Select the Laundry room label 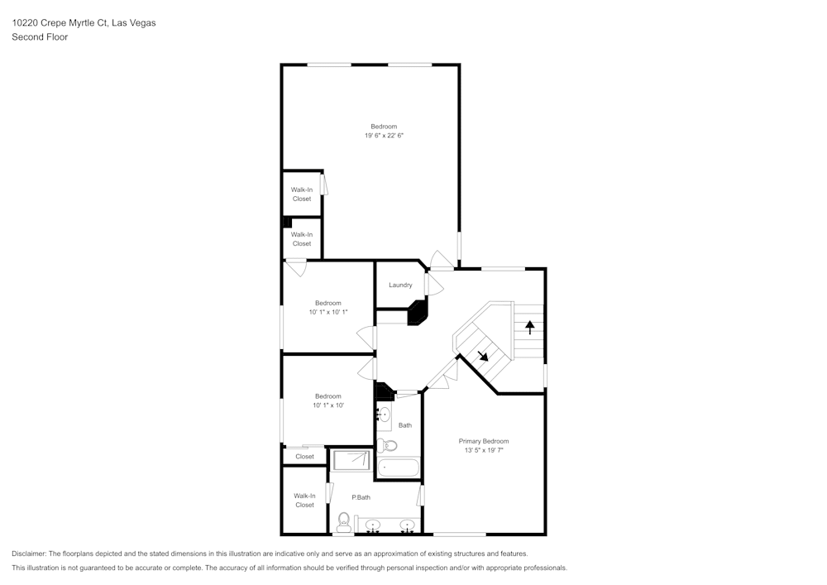tap(400, 285)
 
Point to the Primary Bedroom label tap(484, 441)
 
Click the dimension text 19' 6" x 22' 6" tap(384, 136)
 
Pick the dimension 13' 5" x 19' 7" tap(484, 451)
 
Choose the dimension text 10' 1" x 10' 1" tap(327, 312)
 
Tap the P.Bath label tap(361, 497)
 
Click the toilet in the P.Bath tap(343, 520)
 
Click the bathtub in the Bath tap(399, 468)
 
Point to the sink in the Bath tap(385, 415)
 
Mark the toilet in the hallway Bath tap(389, 445)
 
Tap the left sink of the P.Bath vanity tap(373, 525)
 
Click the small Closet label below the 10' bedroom tap(304, 457)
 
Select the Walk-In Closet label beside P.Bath tap(304, 500)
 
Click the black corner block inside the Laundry tap(418, 313)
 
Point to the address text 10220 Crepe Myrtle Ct tap(84, 23)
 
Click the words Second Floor tap(40, 37)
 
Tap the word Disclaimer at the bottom tap(29, 554)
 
